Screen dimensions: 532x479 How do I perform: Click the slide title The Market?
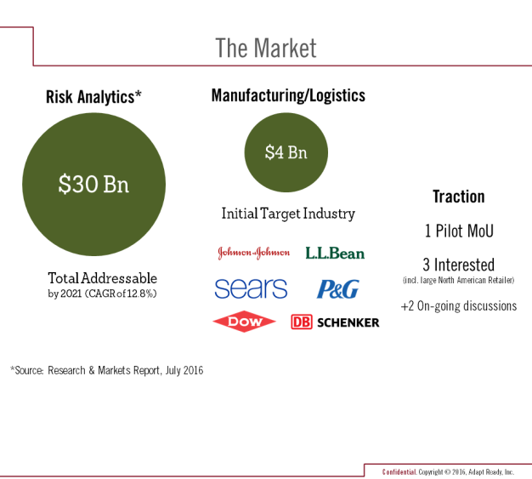point(266,48)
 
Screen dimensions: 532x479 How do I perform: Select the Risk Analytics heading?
point(93,97)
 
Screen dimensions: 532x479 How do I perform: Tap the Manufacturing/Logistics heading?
point(288,95)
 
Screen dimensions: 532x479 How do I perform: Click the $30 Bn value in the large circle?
point(93,184)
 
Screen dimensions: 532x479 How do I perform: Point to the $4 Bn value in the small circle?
point(286,151)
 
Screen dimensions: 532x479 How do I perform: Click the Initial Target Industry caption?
point(288,214)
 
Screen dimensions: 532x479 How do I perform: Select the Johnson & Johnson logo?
point(253,253)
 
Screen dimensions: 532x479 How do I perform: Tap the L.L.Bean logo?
point(335,253)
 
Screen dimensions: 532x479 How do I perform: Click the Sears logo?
point(251,288)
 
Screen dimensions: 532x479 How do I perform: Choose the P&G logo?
point(338,289)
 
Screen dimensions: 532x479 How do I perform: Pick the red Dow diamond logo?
point(244,322)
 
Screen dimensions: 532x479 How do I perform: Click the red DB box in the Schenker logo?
point(302,322)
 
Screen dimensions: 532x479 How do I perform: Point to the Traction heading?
point(459,197)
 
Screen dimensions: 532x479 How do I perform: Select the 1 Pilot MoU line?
point(459,231)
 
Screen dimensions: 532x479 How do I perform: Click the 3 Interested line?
point(459,265)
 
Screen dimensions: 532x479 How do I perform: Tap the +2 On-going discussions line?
point(459,306)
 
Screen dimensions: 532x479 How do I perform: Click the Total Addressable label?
point(103,278)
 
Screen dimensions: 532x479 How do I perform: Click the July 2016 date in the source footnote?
point(184,370)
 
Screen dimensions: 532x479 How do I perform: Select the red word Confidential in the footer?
point(399,472)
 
